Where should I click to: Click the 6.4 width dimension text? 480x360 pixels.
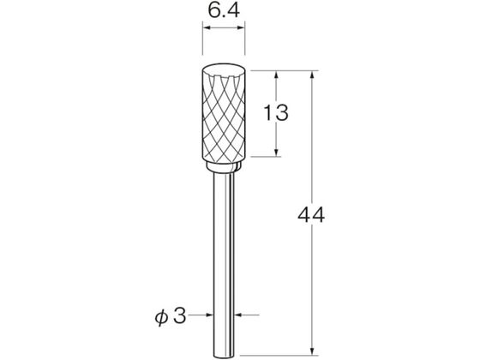point(224,10)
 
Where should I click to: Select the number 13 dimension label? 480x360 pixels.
point(275,112)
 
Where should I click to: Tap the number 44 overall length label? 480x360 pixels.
point(311,215)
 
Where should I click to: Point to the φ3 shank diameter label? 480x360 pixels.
point(171,316)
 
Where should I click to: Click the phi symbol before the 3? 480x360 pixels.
point(161,317)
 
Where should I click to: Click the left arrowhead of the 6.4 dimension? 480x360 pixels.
point(207,27)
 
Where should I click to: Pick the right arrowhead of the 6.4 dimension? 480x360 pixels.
point(240,27)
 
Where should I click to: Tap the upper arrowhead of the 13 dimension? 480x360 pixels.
point(276,75)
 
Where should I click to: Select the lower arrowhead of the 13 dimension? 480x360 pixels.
point(276,152)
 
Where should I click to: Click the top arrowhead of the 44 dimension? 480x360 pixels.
point(312,75)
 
